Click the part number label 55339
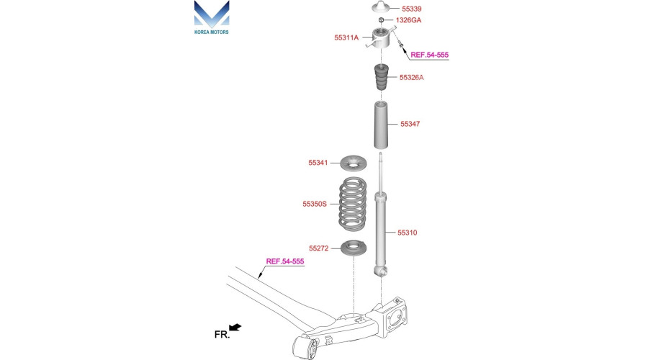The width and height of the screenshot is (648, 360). (412, 9)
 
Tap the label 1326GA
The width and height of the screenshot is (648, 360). (408, 20)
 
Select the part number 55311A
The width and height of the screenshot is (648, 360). (346, 37)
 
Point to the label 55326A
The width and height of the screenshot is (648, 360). (411, 77)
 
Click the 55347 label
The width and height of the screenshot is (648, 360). (410, 124)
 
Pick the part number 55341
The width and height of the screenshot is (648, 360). (318, 163)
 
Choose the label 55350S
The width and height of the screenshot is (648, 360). (315, 204)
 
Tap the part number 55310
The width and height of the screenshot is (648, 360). (407, 233)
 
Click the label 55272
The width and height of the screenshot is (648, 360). (319, 248)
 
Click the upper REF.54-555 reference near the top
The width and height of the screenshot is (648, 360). (429, 55)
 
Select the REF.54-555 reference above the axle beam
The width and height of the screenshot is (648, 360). (284, 261)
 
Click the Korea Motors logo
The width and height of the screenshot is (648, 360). (212, 17)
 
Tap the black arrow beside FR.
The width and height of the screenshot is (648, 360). (235, 328)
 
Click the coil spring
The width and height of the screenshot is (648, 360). (353, 203)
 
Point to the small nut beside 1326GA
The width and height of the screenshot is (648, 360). (382, 20)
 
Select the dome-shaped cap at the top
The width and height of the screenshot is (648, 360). (381, 7)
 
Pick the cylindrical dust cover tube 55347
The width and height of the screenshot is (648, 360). (381, 125)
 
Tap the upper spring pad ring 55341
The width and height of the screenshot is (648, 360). (354, 163)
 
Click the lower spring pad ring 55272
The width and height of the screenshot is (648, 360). (354, 248)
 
